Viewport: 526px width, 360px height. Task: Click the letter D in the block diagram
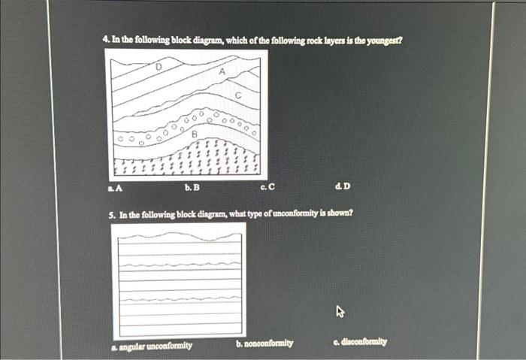point(158,68)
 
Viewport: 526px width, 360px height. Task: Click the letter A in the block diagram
point(222,71)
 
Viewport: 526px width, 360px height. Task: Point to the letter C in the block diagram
point(237,95)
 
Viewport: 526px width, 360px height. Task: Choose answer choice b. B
point(191,186)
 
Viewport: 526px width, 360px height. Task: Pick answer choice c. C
point(268,186)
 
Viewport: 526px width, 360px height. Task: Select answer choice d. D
point(344,186)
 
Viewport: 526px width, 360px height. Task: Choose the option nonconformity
point(264,343)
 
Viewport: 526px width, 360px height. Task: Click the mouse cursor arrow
point(340,310)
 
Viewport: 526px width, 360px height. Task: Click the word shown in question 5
point(339,213)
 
